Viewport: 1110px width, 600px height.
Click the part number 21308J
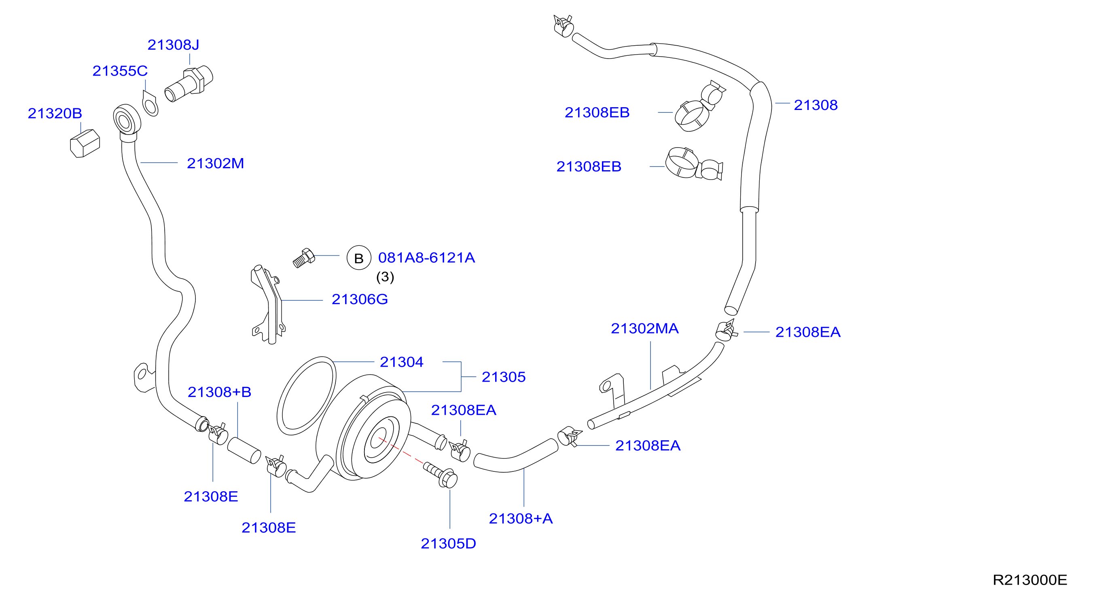point(173,45)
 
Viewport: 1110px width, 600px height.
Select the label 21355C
point(120,71)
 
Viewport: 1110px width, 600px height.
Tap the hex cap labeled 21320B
point(85,144)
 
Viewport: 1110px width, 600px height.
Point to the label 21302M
point(216,163)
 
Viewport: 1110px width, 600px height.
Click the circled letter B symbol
point(359,258)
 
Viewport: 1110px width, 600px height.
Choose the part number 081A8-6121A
point(427,258)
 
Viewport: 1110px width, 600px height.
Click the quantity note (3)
point(385,277)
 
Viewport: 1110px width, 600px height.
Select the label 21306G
point(360,299)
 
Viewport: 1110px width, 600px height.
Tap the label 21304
point(402,362)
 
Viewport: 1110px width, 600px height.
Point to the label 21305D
point(449,543)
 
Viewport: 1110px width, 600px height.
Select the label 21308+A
point(521,519)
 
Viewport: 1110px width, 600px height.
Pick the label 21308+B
point(219,392)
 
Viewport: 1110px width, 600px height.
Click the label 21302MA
point(645,329)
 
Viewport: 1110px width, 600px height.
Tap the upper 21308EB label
point(597,112)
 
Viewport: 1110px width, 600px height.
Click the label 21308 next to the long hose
point(816,105)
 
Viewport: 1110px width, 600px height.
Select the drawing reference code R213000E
point(1030,580)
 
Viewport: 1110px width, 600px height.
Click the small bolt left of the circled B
point(304,258)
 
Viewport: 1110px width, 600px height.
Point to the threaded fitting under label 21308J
point(189,84)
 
